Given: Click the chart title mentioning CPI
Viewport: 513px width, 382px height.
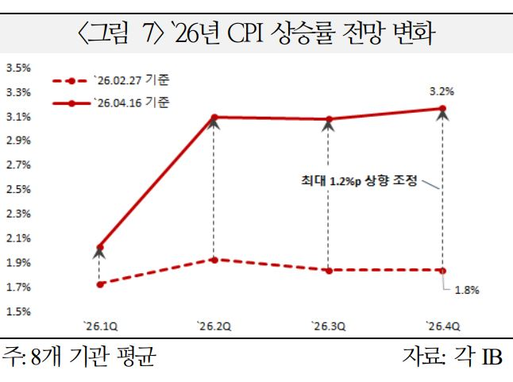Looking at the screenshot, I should pos(256,34).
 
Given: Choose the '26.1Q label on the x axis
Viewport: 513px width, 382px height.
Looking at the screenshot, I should pos(99,325).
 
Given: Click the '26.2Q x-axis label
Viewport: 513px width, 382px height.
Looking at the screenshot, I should pos(214,325).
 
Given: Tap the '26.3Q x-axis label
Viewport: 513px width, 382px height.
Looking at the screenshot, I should pos(328,325).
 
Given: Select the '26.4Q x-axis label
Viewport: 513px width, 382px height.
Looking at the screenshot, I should pos(442,325).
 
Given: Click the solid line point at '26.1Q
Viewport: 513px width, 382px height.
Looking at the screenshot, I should pos(99,247).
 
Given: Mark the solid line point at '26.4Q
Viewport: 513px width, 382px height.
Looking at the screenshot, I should pos(442,108).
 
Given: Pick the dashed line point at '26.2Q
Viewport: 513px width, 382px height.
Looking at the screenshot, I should pos(214,260).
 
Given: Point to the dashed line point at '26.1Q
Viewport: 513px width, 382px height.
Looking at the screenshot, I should pos(99,284).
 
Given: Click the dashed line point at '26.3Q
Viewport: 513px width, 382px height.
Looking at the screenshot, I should pos(328,271).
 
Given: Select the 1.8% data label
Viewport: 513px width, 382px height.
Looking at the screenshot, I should pos(466,290).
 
